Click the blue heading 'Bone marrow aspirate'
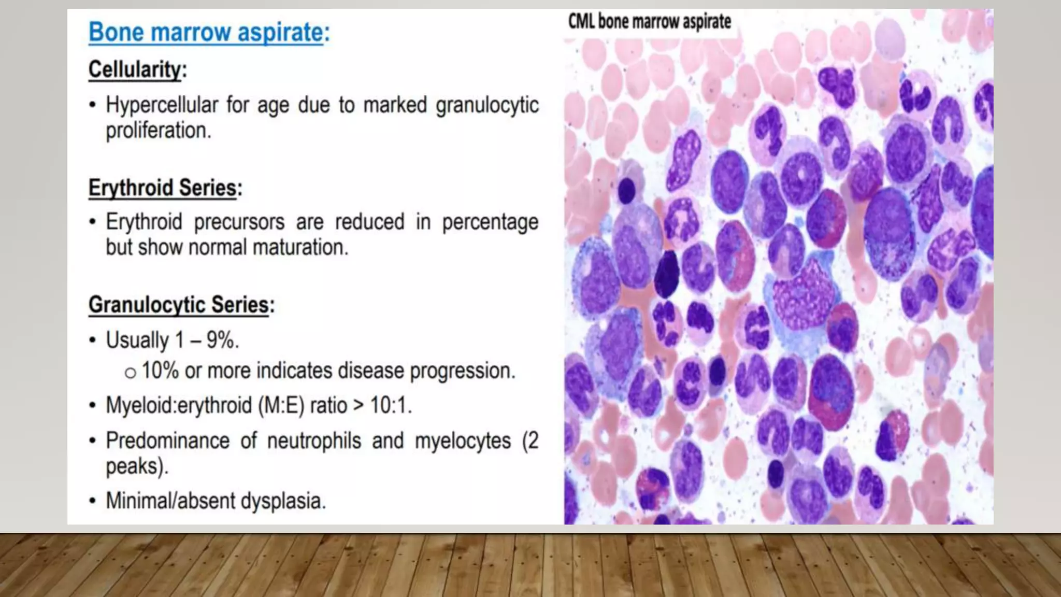[208, 32]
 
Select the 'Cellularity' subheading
[136, 69]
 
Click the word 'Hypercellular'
[162, 105]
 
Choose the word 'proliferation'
[157, 131]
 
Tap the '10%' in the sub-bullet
[160, 371]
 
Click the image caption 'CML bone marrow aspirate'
[650, 22]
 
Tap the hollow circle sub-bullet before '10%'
[130, 373]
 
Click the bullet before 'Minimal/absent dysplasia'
[92, 501]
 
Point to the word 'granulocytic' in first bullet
[487, 105]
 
